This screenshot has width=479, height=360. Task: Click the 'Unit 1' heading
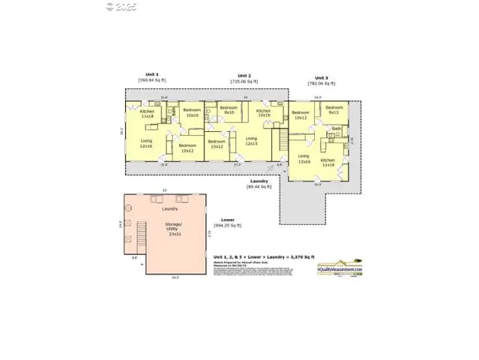pos(152,75)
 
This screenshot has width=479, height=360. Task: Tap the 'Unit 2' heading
pos(244,76)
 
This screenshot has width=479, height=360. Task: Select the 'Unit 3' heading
pos(321,78)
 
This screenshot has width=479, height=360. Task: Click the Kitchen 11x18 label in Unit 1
pos(147,114)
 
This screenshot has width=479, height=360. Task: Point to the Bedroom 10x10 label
pos(193,113)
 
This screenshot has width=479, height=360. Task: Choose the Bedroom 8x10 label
pos(229,109)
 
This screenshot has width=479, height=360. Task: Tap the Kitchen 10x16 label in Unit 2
pos(264,113)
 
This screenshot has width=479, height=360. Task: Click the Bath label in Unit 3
pos(337,129)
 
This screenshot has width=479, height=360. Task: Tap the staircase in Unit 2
pos(283,138)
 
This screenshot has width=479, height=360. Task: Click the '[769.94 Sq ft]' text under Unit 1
pos(152,80)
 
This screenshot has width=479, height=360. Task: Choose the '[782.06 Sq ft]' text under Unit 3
pos(321,84)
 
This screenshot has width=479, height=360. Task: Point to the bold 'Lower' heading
pos(228,220)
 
